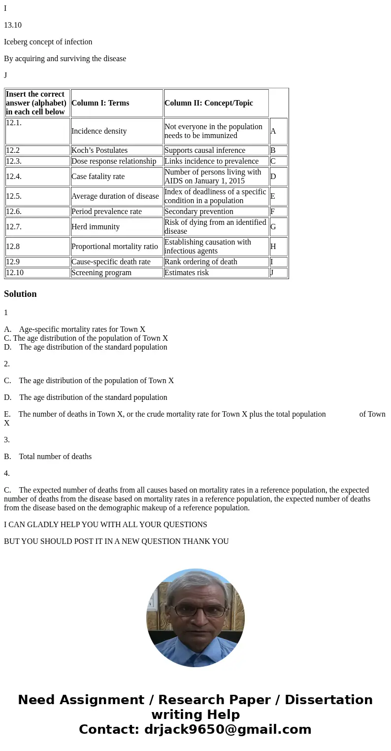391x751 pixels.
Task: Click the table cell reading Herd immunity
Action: tap(96, 227)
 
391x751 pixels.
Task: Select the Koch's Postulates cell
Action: tap(99, 150)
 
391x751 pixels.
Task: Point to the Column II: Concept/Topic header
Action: tap(209, 103)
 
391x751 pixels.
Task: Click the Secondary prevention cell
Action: tap(199, 212)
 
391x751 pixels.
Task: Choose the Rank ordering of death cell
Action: tap(201, 262)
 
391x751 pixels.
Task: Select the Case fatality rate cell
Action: tap(98, 177)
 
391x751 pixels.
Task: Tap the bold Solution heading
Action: tap(20, 294)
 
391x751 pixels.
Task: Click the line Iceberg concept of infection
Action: tap(48, 42)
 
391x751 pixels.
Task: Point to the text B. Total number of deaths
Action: tap(48, 457)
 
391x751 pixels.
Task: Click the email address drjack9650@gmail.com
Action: tap(228, 729)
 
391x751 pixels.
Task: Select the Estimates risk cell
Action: tap(187, 273)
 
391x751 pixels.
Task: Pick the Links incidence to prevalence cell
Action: tap(211, 161)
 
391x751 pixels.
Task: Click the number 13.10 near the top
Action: tap(13, 25)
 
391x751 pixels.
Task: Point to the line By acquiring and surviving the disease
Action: tap(65, 59)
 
